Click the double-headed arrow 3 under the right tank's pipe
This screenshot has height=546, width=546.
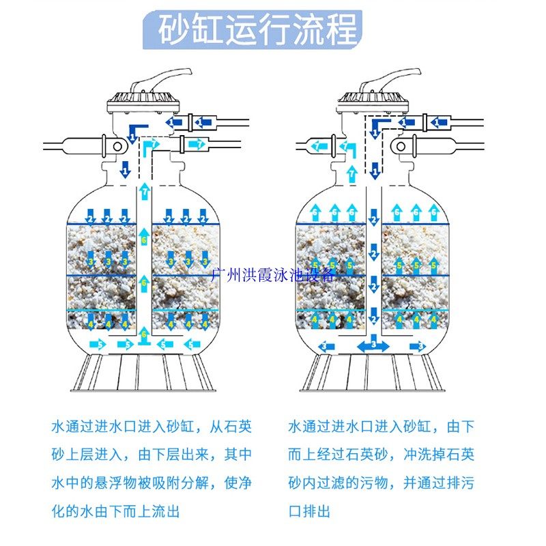[x=373, y=346]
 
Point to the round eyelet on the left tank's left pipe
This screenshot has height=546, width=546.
[x=118, y=145]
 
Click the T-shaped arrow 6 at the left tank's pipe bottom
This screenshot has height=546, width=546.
[x=144, y=336]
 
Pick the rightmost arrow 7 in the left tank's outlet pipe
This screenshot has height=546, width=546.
[x=198, y=144]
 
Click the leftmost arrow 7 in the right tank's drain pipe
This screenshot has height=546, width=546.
[x=317, y=145]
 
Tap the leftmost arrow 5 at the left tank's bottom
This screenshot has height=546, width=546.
[x=98, y=345]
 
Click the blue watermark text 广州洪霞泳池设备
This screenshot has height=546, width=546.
[x=273, y=274]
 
